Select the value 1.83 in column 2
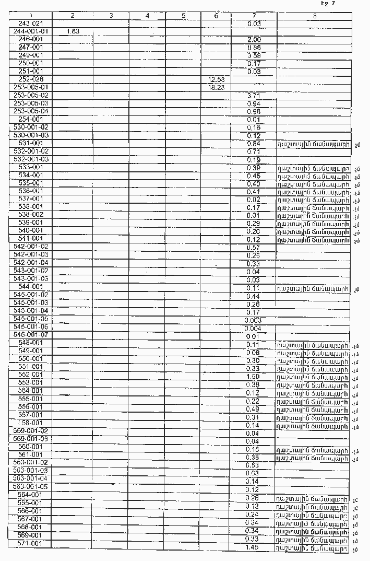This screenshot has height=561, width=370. coord(73,31)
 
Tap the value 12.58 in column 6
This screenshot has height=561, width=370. coord(216,79)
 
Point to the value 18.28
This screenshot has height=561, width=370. coord(216,87)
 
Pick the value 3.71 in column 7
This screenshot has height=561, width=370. coord(254,96)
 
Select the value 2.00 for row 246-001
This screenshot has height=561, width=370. coord(254,40)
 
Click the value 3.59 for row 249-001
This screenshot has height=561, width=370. coord(254,55)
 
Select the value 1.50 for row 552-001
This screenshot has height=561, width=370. coord(253,376)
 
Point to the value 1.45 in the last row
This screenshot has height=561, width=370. coord(253,547)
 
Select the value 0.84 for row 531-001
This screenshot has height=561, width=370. coord(254,143)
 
